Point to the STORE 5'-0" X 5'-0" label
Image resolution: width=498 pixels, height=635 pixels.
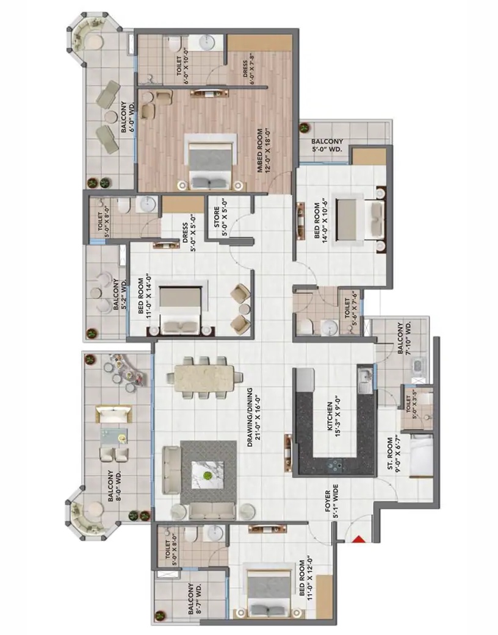[220, 221]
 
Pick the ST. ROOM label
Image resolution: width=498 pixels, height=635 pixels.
[393, 454]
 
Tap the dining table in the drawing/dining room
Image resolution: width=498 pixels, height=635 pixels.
[205, 378]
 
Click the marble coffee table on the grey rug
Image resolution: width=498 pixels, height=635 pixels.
[208, 475]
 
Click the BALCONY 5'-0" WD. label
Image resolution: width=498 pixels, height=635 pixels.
[327, 145]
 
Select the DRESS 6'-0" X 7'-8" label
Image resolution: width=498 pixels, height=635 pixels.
[248, 73]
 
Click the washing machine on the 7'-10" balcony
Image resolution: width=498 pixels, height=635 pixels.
[417, 367]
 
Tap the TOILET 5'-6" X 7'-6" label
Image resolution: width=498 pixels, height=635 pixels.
[350, 307]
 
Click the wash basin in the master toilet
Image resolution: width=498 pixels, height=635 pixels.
[206, 42]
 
